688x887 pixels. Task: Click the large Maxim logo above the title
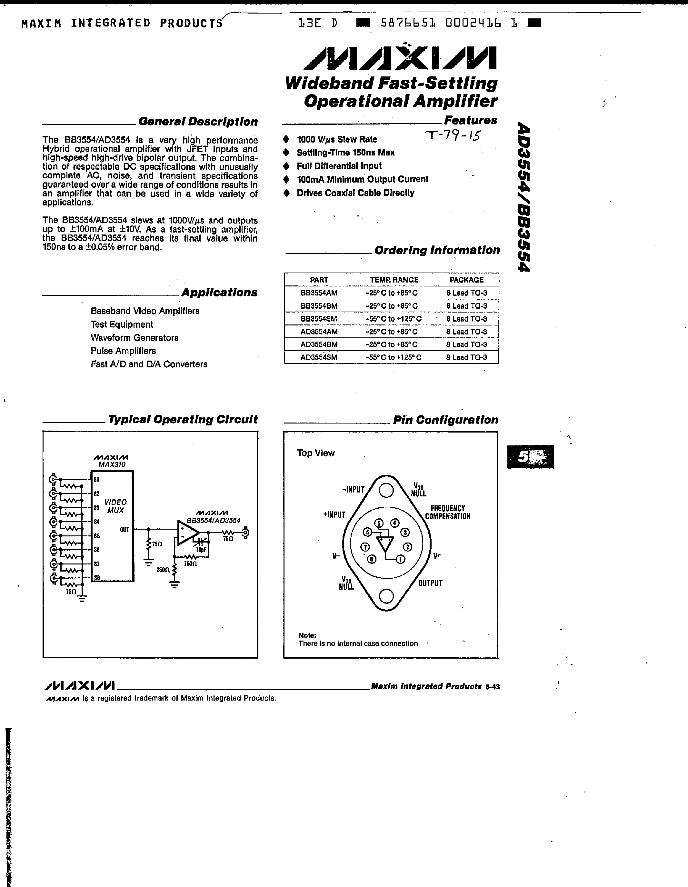(400, 58)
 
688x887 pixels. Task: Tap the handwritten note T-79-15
(452, 135)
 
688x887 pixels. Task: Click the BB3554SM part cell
(318, 319)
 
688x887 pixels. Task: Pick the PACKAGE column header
(466, 280)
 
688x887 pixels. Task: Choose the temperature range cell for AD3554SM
(393, 357)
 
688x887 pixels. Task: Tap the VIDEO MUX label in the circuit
(115, 506)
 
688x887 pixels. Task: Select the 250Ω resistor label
(163, 570)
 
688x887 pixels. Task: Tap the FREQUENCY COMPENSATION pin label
(448, 513)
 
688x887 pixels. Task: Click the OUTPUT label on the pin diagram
(430, 583)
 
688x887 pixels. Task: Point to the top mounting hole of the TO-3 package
(386, 491)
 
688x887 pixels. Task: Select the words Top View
(315, 453)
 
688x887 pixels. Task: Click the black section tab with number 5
(530, 457)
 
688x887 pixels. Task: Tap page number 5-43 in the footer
(492, 687)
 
